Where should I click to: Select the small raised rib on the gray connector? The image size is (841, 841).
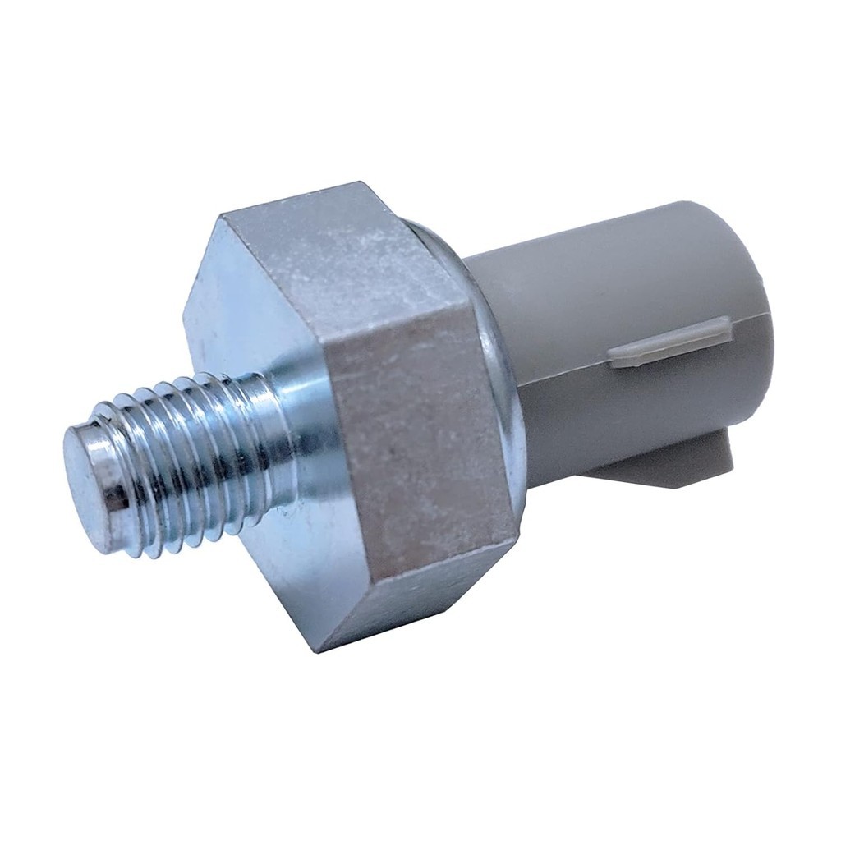point(669,341)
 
